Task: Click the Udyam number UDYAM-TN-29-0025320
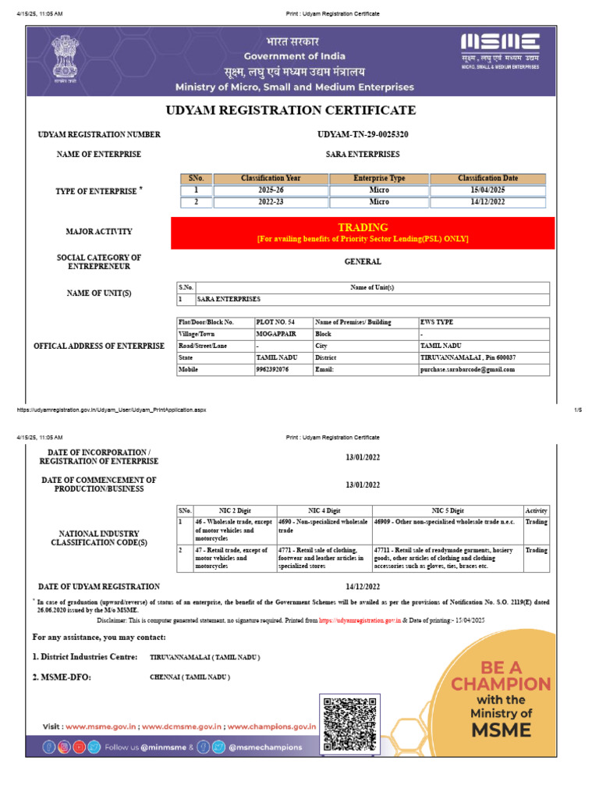[363, 134]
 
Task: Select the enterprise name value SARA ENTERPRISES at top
[363, 154]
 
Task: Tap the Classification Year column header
[270, 179]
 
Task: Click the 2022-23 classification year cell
[270, 202]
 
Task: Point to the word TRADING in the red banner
[363, 227]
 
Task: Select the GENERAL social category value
[363, 262]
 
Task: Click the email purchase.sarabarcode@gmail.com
[467, 370]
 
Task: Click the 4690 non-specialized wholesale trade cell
[323, 526]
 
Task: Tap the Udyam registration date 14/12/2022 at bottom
[363, 586]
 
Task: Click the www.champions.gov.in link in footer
[272, 726]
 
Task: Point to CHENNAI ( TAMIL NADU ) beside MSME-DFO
[190, 677]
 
